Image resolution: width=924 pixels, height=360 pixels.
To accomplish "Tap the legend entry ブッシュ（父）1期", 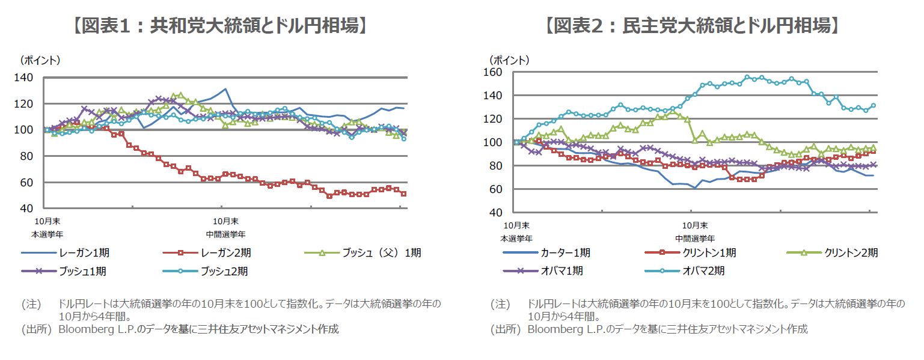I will click(x=381, y=253).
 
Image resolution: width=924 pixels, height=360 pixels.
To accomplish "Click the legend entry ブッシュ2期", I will click(x=223, y=271).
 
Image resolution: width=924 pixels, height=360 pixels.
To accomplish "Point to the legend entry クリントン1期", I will click(x=710, y=253).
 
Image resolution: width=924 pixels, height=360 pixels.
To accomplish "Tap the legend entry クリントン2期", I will click(x=851, y=253).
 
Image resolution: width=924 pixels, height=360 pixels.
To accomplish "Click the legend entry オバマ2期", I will click(x=703, y=271).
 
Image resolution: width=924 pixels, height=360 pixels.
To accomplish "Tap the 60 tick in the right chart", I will click(x=495, y=189).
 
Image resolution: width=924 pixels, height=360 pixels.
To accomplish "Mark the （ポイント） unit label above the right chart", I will click(x=509, y=60).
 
